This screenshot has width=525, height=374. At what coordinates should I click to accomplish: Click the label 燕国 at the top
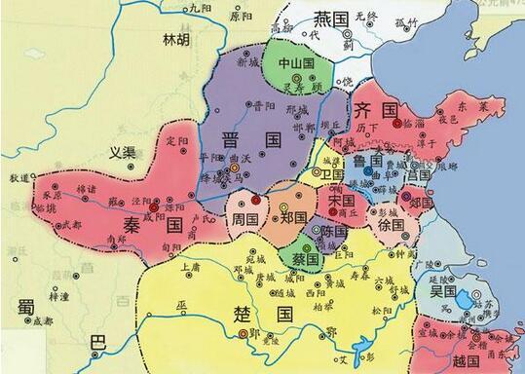tap(330, 19)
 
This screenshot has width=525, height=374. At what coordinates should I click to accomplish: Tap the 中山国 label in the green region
tap(293, 61)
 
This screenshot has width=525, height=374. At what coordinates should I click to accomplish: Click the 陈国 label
tap(333, 232)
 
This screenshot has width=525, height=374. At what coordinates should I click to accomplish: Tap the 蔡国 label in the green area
tap(305, 259)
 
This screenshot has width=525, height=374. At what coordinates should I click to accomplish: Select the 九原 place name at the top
tap(198, 8)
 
